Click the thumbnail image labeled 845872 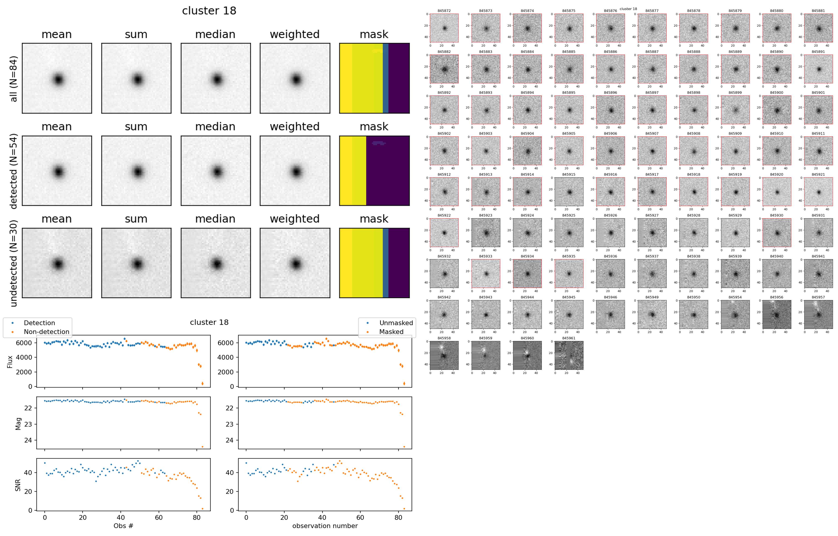click(x=444, y=28)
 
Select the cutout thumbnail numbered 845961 click(x=569, y=356)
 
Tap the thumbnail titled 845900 click(x=777, y=110)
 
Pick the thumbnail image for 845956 click(x=777, y=315)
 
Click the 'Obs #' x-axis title click(x=123, y=526)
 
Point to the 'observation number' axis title click(x=325, y=526)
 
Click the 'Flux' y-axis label click(x=10, y=361)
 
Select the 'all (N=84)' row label click(x=14, y=78)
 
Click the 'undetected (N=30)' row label click(x=14, y=263)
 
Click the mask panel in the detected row click(x=374, y=171)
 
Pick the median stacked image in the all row click(x=215, y=78)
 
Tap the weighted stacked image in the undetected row click(x=295, y=263)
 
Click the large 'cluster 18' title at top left click(x=209, y=11)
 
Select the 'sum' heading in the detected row click(x=136, y=127)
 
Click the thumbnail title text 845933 click(x=485, y=256)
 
